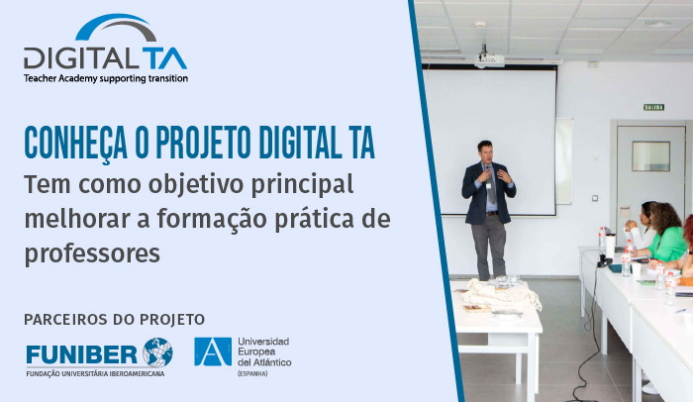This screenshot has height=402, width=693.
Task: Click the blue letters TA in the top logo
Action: (164, 58)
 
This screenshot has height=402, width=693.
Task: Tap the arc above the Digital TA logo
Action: (115, 23)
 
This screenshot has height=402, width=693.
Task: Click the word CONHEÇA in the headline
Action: (75, 143)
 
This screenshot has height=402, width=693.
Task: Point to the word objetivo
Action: (196, 185)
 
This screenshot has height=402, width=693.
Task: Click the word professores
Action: (92, 254)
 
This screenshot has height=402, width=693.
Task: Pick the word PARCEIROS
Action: (66, 319)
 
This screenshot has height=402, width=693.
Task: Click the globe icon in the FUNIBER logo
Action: (157, 352)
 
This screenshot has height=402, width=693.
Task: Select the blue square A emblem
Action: (213, 352)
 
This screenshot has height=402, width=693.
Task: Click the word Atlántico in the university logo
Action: (271, 362)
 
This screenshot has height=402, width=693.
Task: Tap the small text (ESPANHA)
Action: (252, 373)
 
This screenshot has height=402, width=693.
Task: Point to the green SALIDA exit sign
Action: (653, 107)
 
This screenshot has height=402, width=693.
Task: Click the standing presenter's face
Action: (486, 152)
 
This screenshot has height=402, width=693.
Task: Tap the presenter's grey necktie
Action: (491, 186)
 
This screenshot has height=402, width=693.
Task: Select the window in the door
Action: (650, 156)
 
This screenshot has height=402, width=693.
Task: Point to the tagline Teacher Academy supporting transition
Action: (106, 79)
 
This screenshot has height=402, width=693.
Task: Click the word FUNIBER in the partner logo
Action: (82, 354)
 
